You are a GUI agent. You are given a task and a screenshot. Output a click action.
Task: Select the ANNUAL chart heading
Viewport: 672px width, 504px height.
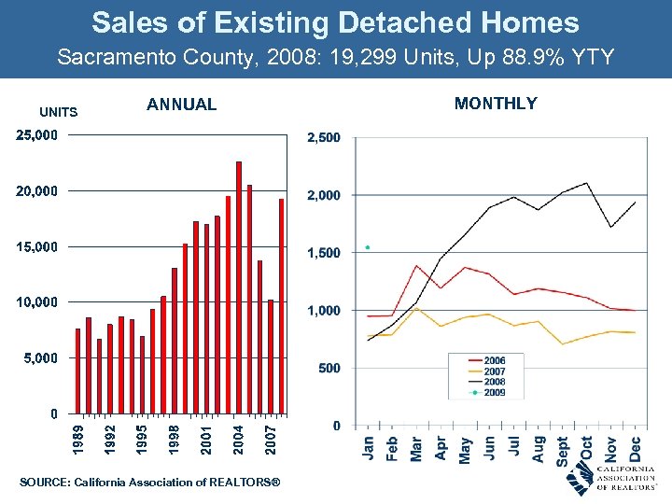coord(181,105)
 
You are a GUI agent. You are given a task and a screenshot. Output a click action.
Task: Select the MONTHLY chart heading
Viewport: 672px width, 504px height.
coord(496,104)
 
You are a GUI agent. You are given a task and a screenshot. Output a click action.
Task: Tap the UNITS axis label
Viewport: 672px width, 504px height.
coord(59,113)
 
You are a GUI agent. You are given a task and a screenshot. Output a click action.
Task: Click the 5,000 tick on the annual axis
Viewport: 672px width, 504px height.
coord(40,358)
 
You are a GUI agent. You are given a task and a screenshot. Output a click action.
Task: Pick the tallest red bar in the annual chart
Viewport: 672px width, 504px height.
coord(239,287)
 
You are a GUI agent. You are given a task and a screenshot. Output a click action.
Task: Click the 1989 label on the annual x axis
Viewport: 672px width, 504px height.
coord(78,441)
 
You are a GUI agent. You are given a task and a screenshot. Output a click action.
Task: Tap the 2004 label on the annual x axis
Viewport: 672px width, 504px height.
coord(239,441)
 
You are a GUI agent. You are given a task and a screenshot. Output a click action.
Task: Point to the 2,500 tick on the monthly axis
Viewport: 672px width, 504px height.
coord(325,138)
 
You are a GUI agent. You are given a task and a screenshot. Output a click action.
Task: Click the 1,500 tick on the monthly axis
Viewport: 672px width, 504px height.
coord(325,253)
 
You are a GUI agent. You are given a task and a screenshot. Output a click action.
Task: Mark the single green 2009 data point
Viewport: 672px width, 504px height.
coord(368,247)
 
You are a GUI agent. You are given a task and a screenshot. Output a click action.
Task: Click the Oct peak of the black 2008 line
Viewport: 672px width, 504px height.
coord(586,183)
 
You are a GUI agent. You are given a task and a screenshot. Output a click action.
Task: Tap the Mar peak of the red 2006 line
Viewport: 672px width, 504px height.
coord(416,266)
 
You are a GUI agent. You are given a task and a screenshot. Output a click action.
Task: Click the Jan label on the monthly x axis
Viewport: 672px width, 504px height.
coord(368,448)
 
